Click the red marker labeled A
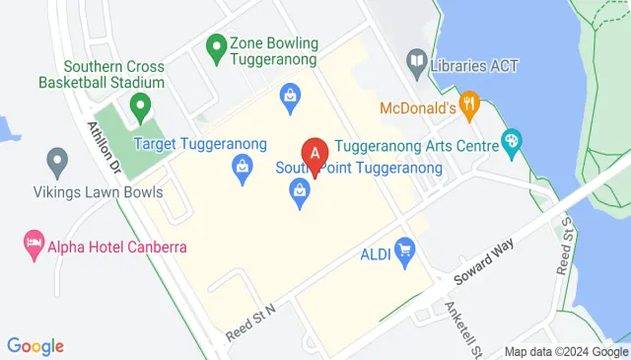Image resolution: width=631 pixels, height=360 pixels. pos(315,155)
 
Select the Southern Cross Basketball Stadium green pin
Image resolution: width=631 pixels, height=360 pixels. pos(140,104)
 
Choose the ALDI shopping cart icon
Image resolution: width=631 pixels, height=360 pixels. pos(403,249)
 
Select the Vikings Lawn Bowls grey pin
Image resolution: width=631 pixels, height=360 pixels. pos(56,159)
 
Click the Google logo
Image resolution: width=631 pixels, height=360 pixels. pos(35,345)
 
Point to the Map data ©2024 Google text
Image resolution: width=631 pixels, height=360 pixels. pos(565,352)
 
